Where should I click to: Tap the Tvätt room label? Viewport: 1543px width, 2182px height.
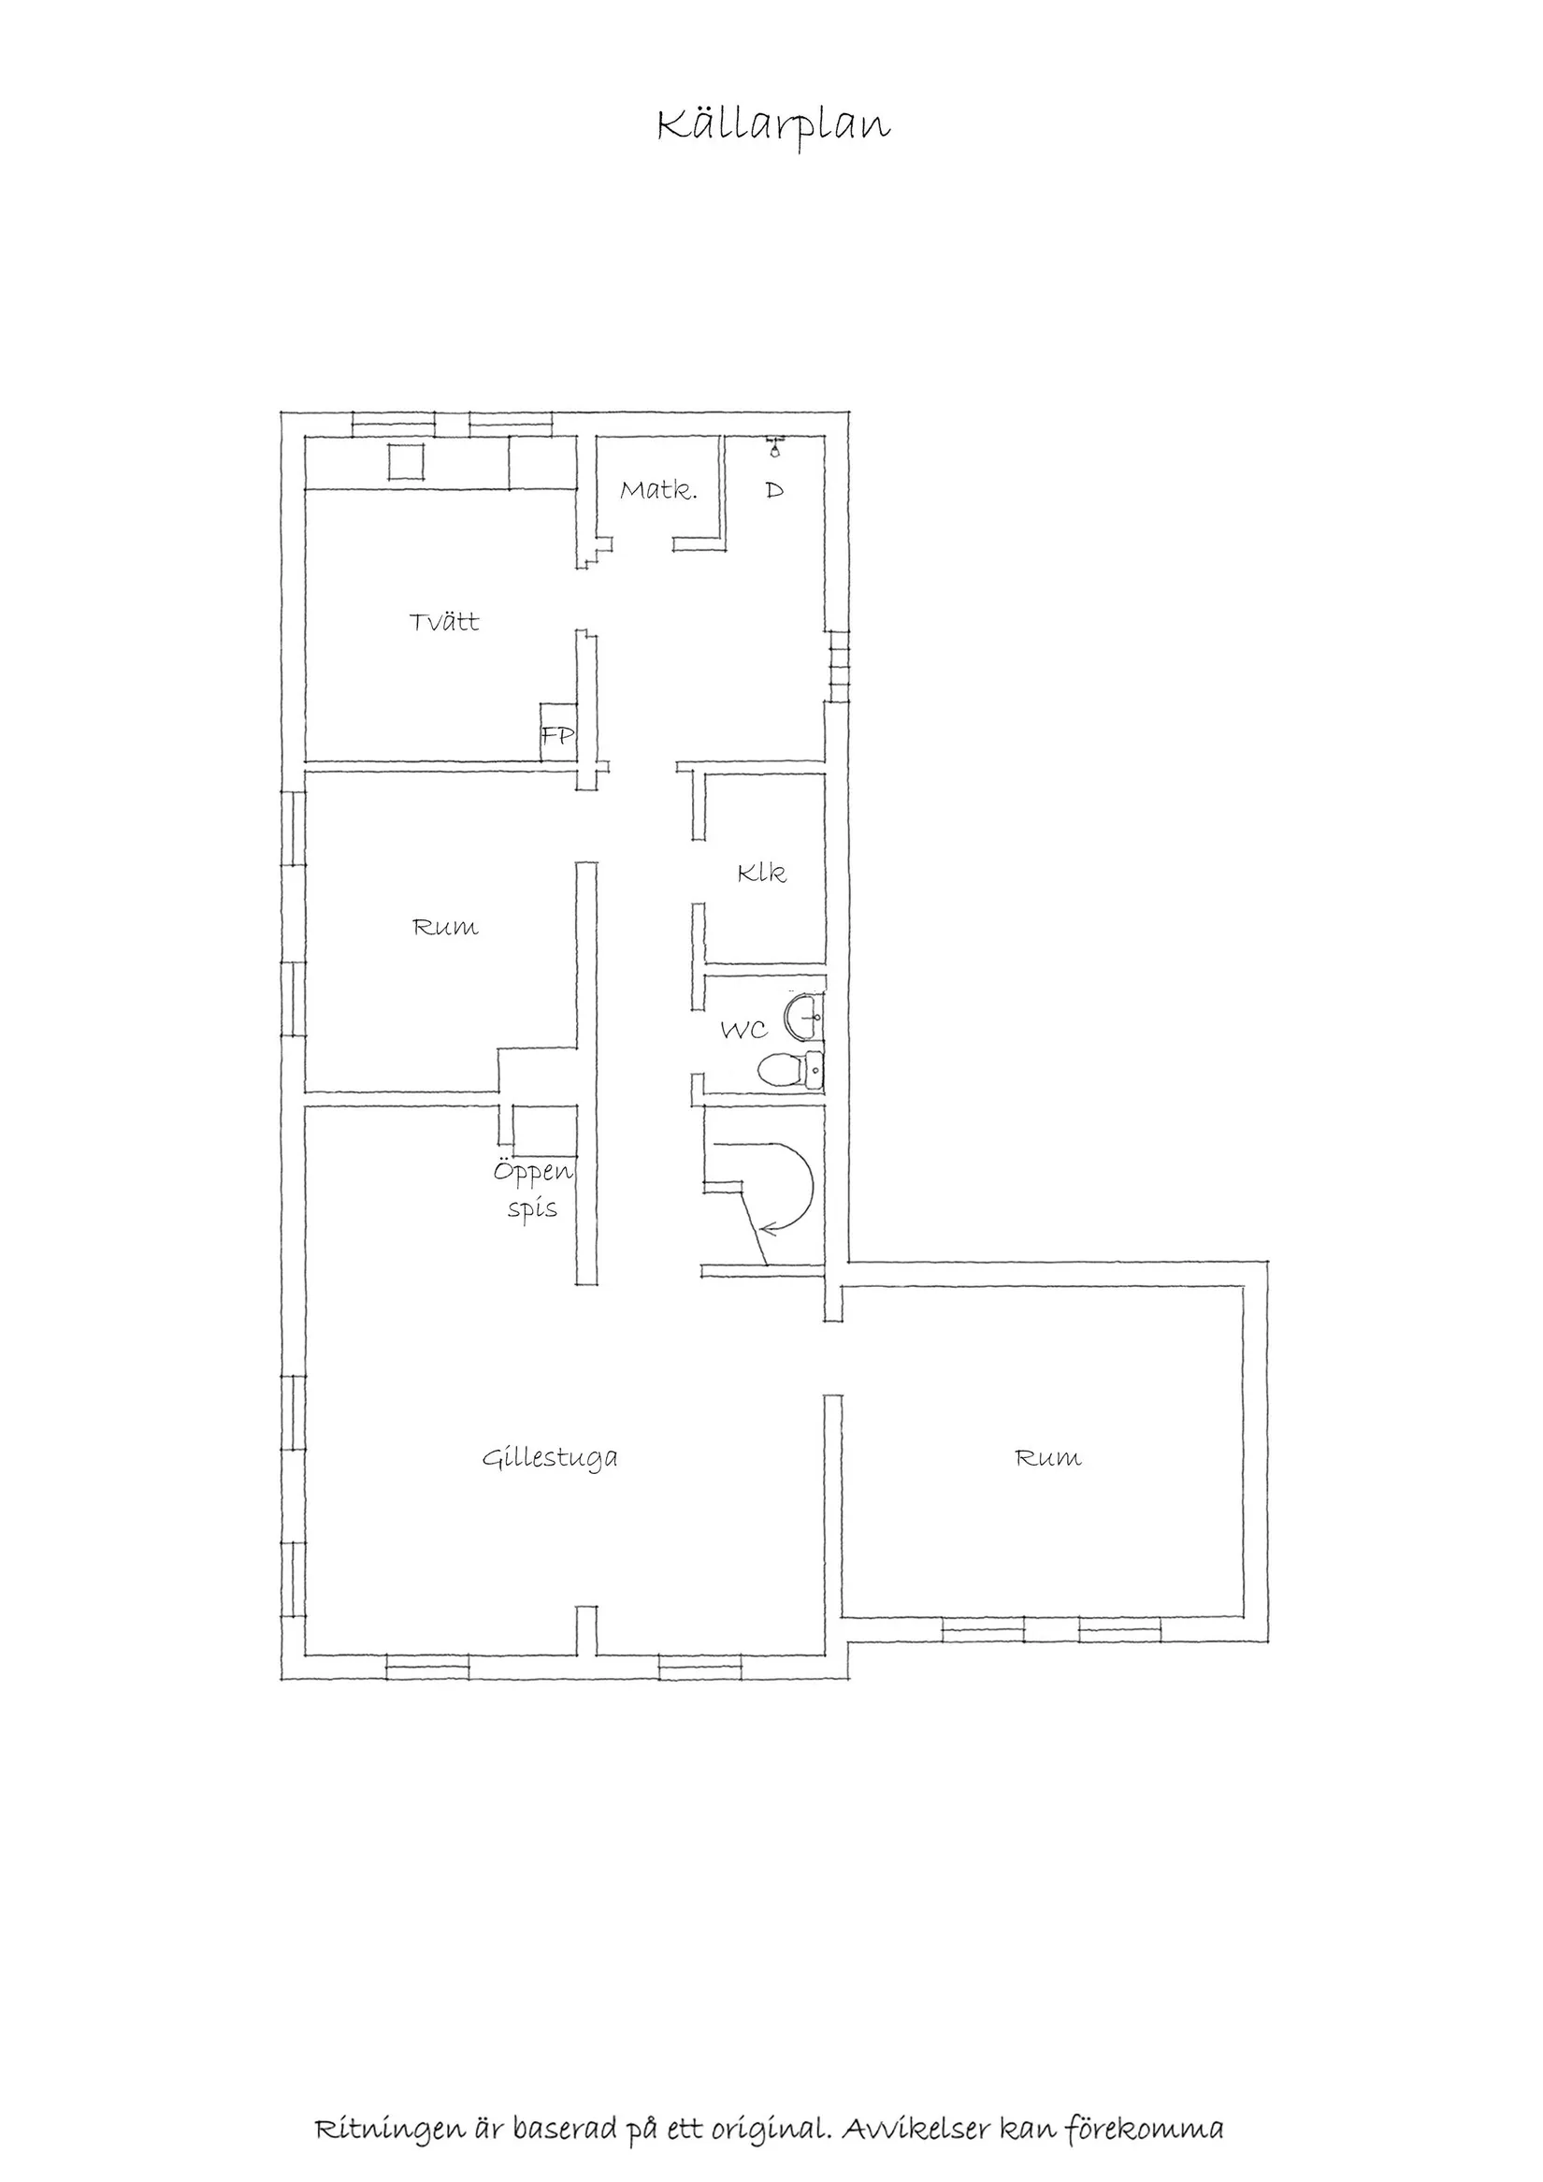point(444,622)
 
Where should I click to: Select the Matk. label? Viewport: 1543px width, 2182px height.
point(658,490)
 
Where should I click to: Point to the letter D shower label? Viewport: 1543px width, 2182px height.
point(775,490)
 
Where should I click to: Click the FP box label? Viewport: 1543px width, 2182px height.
point(557,734)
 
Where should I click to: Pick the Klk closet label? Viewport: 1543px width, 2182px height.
point(762,873)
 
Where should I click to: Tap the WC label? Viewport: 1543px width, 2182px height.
point(744,1030)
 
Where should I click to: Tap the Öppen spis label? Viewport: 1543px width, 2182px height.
point(533,1189)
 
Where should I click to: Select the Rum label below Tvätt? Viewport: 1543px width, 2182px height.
point(446,927)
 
